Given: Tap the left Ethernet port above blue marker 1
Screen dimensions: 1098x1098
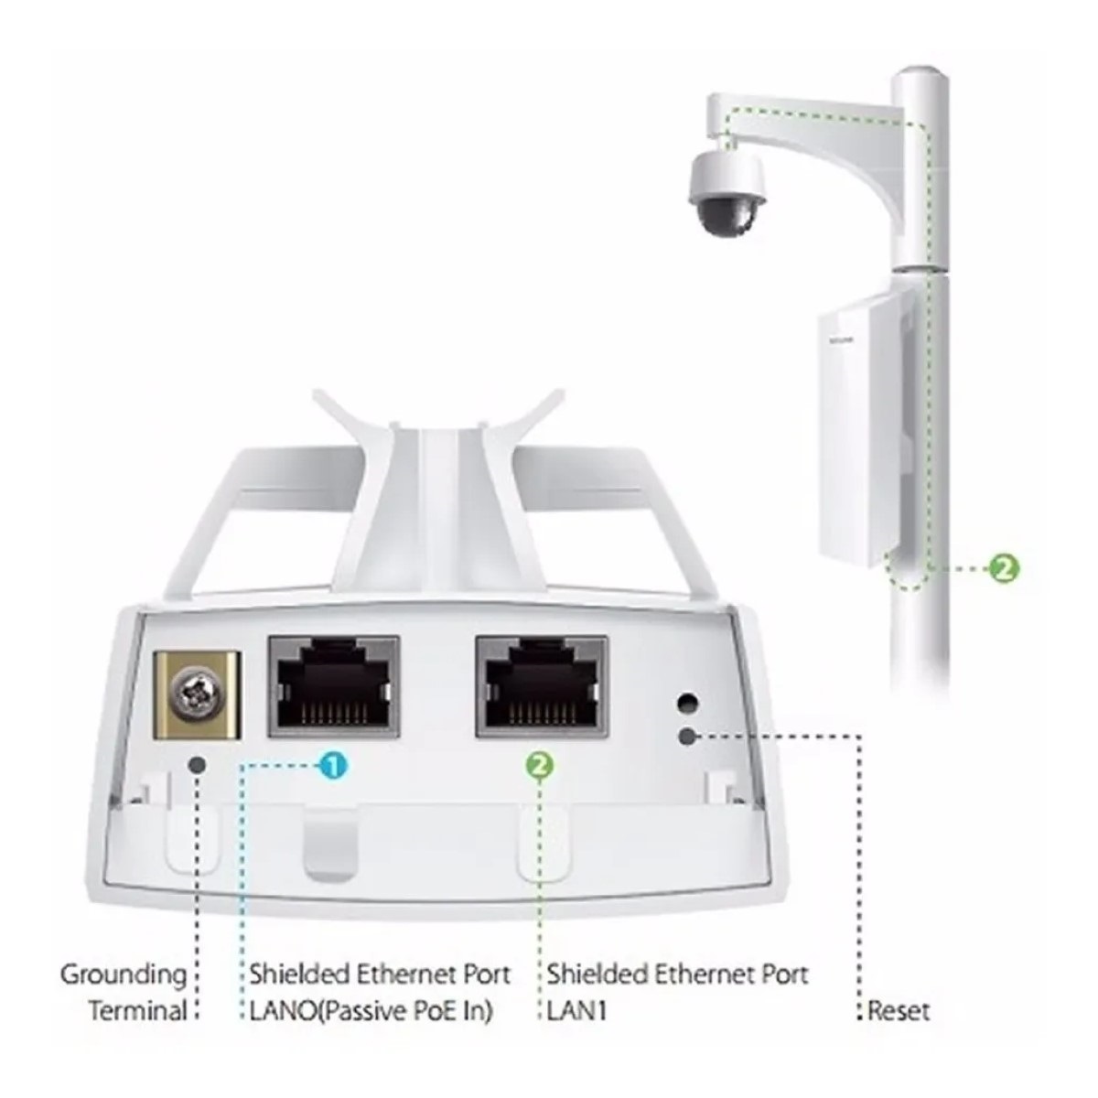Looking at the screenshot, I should (333, 693).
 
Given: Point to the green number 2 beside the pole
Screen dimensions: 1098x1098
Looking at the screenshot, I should (1004, 568).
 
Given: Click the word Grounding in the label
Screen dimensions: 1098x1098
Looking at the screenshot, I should (124, 974).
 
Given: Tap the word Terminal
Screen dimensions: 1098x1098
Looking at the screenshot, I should (136, 1011).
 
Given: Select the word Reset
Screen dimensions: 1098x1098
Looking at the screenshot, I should (899, 1011).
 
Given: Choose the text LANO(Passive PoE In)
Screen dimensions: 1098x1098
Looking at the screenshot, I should (371, 1011).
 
